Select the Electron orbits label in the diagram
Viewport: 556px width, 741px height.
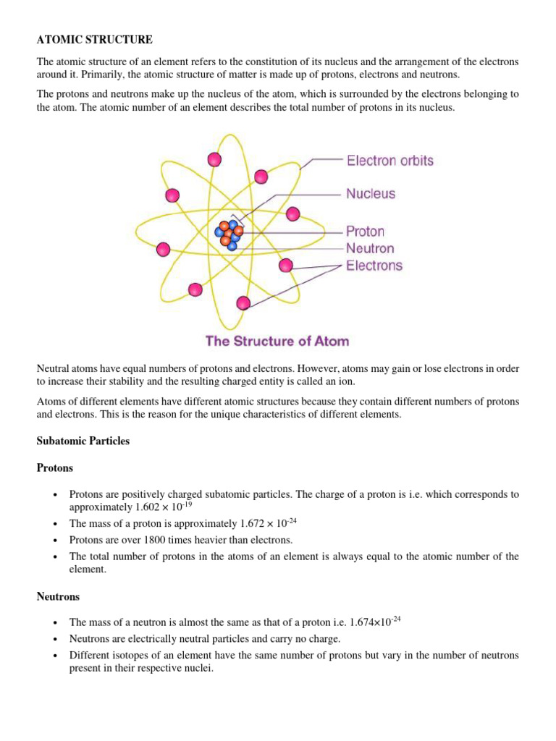(389, 161)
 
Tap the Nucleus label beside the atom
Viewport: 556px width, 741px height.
(371, 194)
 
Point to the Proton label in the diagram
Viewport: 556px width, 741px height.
(365, 232)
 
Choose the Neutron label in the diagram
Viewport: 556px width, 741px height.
(370, 248)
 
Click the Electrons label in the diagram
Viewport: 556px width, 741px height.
(374, 266)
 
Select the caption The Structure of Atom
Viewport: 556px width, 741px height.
(277, 341)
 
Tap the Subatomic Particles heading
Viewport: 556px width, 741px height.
(83, 441)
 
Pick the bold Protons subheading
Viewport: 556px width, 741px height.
(55, 468)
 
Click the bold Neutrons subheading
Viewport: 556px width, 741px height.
(58, 597)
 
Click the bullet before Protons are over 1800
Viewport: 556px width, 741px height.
(55, 540)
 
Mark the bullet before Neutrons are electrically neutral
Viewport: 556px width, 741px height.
(55, 639)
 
